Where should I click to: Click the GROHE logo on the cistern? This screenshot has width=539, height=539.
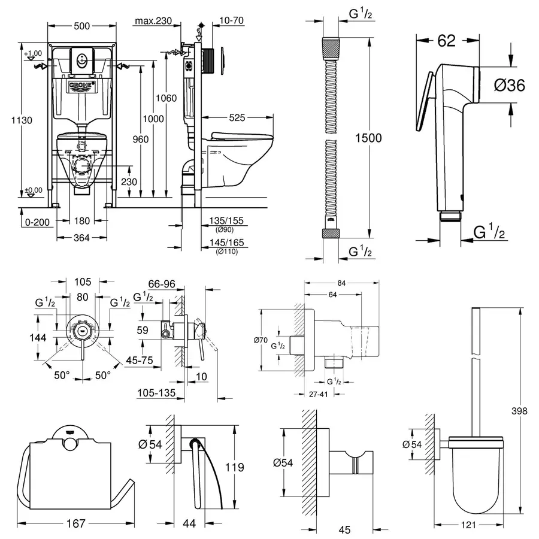(83, 87)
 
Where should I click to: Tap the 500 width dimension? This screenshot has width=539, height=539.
(83, 26)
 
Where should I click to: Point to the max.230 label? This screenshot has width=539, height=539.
(153, 22)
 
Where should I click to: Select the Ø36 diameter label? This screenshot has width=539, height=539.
(510, 86)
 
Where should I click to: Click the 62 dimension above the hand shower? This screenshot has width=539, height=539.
(447, 40)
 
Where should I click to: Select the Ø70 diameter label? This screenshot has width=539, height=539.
(262, 341)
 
